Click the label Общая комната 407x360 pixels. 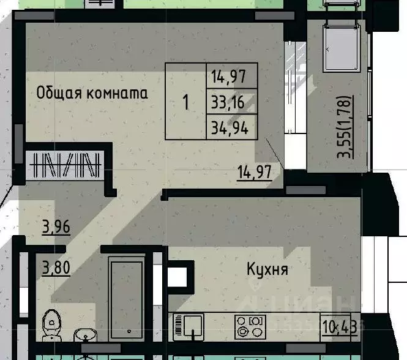click(x=92, y=94)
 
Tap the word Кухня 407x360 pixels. click(x=267, y=269)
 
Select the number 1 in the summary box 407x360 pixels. click(x=186, y=102)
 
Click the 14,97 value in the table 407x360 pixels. click(x=225, y=78)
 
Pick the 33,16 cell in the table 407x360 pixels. click(x=227, y=102)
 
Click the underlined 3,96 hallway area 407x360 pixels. click(x=56, y=228)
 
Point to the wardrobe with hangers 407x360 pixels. click(x=65, y=164)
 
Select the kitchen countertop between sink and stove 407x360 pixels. click(x=219, y=325)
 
